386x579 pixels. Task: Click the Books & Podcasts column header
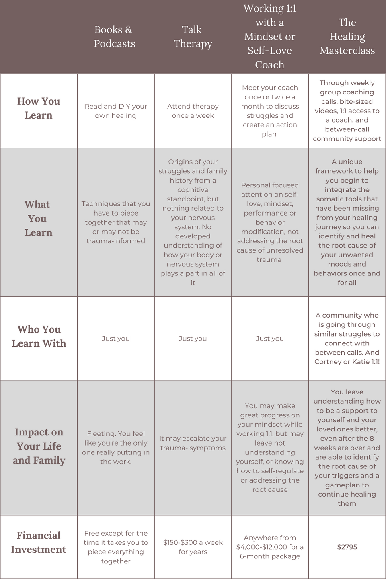(115, 37)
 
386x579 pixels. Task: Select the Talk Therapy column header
(193, 37)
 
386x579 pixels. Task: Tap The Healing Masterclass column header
(347, 37)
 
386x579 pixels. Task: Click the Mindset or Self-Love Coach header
(270, 37)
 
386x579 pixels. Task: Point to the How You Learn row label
(39, 108)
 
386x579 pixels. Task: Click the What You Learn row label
(38, 218)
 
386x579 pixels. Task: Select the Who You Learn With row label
(39, 336)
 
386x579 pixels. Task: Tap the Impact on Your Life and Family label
(39, 446)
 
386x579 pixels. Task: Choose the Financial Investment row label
(39, 542)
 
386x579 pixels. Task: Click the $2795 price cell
(347, 547)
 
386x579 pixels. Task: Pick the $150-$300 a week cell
(193, 547)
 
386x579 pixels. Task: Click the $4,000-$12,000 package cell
(270, 547)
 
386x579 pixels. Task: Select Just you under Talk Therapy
(193, 339)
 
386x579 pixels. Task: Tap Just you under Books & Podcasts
(116, 339)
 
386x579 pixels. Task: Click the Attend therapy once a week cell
(193, 111)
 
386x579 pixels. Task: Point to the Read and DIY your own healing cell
(116, 111)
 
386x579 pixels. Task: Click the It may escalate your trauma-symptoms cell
(193, 443)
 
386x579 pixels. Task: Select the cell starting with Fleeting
(116, 448)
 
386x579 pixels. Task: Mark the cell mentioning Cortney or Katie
(347, 339)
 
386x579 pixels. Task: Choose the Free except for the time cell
(116, 547)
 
